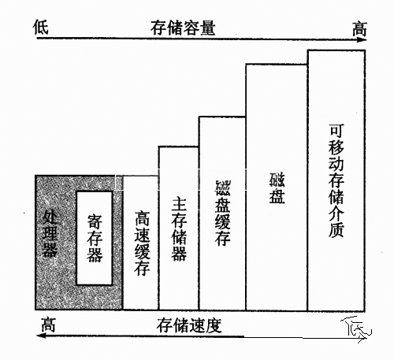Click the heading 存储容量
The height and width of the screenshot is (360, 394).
[183, 28]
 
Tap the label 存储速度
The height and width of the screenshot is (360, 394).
[189, 325]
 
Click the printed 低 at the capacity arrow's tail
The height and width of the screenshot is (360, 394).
[41, 27]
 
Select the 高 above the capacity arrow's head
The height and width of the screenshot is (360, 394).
[359, 28]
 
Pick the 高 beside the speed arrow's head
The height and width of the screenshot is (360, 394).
[49, 325]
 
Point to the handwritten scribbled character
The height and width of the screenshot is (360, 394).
[356, 328]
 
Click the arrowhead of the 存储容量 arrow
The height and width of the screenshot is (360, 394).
[362, 39]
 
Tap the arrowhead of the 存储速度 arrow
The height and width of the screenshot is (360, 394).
[42, 336]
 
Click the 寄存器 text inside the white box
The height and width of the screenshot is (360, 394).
[95, 238]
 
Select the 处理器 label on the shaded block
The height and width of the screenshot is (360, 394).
[50, 233]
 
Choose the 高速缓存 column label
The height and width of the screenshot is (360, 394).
[142, 243]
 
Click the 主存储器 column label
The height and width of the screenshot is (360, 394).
[179, 229]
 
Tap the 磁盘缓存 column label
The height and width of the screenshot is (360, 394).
[223, 213]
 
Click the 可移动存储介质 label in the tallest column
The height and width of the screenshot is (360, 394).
[336, 181]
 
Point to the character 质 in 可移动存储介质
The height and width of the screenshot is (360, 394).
[336, 230]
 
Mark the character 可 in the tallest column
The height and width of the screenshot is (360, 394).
[336, 132]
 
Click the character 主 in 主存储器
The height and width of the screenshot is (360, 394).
[179, 205]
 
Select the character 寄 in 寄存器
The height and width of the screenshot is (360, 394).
[95, 221]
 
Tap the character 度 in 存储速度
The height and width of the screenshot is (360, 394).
[214, 325]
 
